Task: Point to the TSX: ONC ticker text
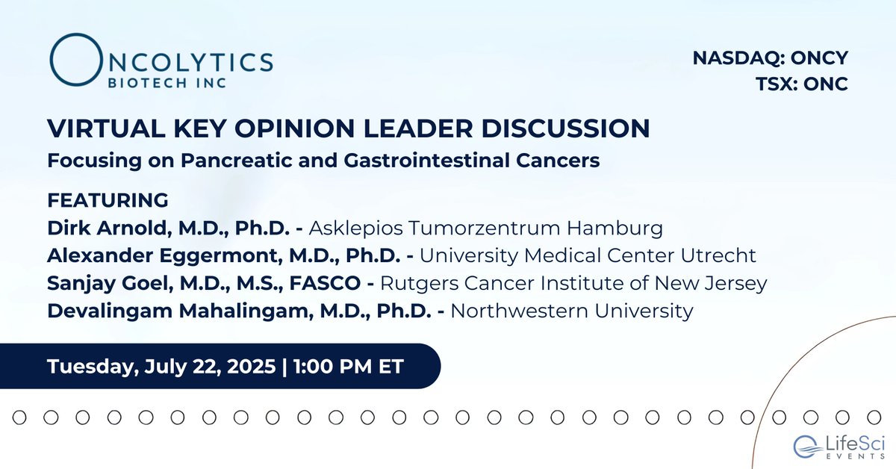pos(803,84)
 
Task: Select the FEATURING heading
pos(108,201)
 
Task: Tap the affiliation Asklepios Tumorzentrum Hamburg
pos(486,227)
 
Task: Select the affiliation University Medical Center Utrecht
pos(588,255)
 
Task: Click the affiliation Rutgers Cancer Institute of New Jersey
pos(574,282)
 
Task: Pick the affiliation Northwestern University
pos(572,310)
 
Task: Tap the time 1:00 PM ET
pos(347,367)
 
